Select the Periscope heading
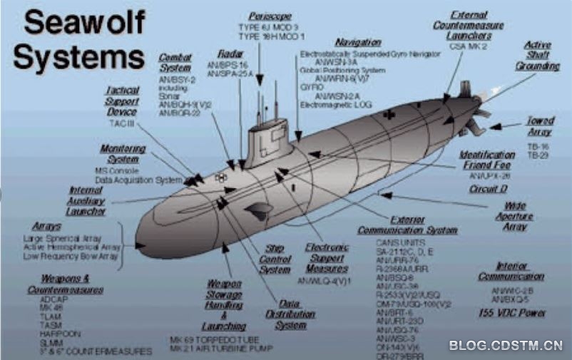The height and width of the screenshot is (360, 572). pyautogui.click(x=270, y=16)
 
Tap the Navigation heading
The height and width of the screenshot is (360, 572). pyautogui.click(x=357, y=42)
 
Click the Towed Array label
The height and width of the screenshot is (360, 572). pyautogui.click(x=540, y=126)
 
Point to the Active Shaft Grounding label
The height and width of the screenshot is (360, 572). pyautogui.click(x=538, y=56)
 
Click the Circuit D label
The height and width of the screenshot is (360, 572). pyautogui.click(x=488, y=189)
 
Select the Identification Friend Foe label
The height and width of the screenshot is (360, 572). pyautogui.click(x=487, y=160)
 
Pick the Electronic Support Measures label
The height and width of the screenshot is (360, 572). pyautogui.click(x=327, y=257)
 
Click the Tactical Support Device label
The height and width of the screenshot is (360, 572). pyautogui.click(x=121, y=101)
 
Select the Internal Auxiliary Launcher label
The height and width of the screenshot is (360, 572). pyautogui.click(x=87, y=200)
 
